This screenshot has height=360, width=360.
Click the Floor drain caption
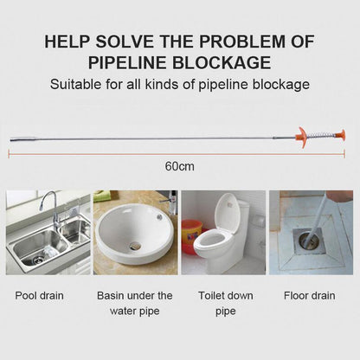click(x=310, y=295)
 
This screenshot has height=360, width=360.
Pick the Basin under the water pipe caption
click(x=134, y=302)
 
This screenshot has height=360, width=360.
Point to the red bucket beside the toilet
click(x=190, y=235)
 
